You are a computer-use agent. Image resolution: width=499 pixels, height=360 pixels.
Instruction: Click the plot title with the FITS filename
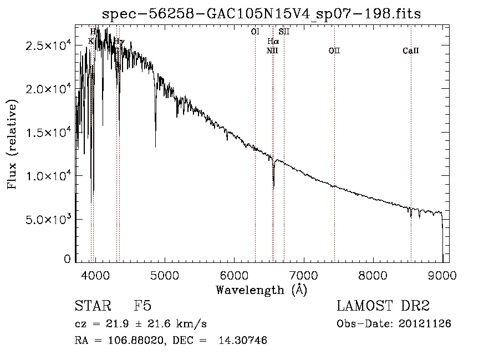point(262,14)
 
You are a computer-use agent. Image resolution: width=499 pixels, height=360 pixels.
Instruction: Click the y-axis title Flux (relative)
point(12,144)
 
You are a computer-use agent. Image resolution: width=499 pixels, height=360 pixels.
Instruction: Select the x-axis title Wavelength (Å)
point(261,290)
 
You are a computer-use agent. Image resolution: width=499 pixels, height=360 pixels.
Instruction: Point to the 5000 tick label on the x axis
point(165,275)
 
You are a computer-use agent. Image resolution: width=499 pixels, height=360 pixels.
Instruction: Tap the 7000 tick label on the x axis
point(304,275)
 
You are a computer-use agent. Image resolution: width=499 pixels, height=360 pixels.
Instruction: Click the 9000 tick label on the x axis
point(442,275)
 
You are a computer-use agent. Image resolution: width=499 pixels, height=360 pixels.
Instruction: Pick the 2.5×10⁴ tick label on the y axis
point(47,45)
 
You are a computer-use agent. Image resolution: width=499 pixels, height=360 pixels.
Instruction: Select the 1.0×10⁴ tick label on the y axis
point(47,176)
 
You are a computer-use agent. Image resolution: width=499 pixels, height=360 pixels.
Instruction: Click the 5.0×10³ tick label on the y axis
point(47,219)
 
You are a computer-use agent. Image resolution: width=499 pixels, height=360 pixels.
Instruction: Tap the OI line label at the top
point(255,32)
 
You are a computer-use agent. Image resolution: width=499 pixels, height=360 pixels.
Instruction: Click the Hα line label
point(273,42)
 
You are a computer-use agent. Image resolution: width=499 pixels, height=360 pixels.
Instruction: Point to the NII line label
point(272,51)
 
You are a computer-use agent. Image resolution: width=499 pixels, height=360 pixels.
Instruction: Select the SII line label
point(284,32)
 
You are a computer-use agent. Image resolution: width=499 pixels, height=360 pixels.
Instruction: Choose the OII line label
point(334,51)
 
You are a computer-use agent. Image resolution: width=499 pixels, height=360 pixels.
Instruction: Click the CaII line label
point(411,51)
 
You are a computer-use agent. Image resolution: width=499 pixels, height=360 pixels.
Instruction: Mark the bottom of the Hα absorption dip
point(273,187)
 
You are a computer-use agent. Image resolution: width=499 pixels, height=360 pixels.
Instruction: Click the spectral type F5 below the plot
point(143,306)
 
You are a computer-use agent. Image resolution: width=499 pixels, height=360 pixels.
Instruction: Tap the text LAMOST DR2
point(383,306)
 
